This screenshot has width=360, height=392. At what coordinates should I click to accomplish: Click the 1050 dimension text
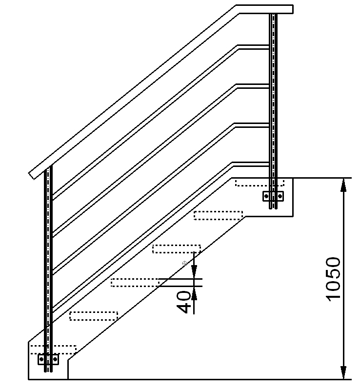[x=333, y=279]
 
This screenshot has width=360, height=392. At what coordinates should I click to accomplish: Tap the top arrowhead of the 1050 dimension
[x=344, y=183]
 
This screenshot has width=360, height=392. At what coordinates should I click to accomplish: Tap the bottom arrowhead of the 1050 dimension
[x=344, y=373]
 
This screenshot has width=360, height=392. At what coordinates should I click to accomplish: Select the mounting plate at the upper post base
[x=273, y=196]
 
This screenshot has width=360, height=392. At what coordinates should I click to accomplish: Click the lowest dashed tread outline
[x=53, y=350]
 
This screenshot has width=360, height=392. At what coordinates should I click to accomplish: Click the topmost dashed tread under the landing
[x=260, y=183]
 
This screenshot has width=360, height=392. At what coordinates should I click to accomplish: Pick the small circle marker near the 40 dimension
[x=184, y=264]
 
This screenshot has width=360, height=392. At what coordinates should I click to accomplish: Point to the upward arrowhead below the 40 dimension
[x=194, y=292]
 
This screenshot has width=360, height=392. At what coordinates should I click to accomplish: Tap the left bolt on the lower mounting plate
[x=41, y=359]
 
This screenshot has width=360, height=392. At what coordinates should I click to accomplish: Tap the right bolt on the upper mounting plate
[x=280, y=196]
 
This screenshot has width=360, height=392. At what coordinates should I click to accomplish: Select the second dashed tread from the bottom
[x=94, y=315]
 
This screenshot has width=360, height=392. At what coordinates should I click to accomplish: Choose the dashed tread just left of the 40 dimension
[x=135, y=282]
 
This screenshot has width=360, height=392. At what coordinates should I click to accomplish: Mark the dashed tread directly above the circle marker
[x=176, y=248]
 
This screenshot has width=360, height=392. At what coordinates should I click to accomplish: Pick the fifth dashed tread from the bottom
[x=218, y=215]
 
